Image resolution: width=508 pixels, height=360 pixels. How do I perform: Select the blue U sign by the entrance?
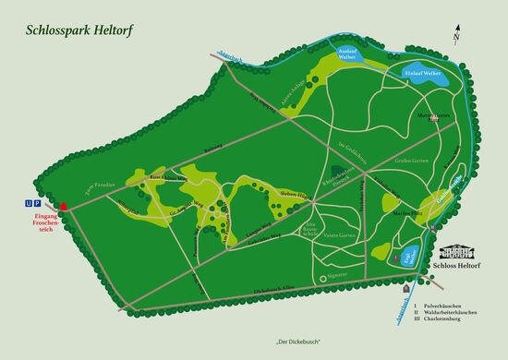click(29, 201)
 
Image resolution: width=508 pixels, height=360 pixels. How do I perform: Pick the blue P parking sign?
click(38, 201)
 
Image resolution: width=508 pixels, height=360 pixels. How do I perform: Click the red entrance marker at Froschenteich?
click(63, 206)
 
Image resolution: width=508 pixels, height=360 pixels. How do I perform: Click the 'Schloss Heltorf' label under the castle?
click(459, 264)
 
